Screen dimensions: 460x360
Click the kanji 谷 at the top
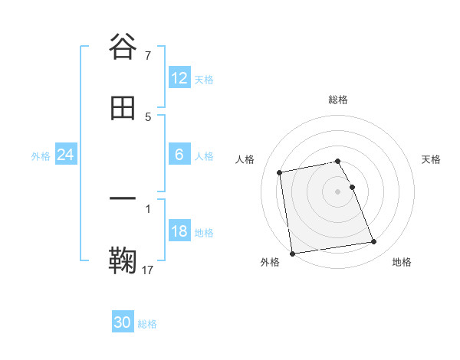123,47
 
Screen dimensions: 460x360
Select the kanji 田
123,110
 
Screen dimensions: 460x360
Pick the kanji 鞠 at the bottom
123,260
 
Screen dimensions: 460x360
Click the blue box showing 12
179,78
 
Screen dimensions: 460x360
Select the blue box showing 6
179,155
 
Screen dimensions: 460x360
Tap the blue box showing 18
179,231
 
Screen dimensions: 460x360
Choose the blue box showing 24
66,155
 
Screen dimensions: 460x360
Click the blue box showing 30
123,322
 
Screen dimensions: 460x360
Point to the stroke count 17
149,270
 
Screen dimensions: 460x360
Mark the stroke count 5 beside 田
148,117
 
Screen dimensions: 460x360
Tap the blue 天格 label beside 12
204,80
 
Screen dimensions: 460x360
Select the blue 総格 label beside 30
147,324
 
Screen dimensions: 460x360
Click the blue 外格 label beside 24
41,156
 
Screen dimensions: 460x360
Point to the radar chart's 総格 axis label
338,100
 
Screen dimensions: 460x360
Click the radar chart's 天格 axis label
431,159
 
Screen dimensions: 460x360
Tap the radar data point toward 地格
373,242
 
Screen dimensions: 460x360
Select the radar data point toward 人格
281,172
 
